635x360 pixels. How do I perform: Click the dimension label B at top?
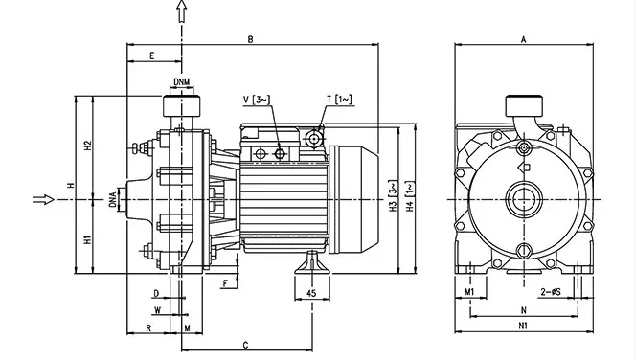click(x=251, y=39)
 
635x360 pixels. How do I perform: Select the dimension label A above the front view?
click(x=523, y=39)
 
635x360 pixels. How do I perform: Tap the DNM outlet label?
click(x=181, y=81)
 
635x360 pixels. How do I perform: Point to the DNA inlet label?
click(x=113, y=200)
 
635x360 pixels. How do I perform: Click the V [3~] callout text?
click(x=257, y=100)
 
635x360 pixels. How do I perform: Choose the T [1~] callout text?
click(x=339, y=100)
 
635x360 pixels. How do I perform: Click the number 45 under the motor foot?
click(x=311, y=293)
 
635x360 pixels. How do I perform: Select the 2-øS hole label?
click(x=551, y=292)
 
